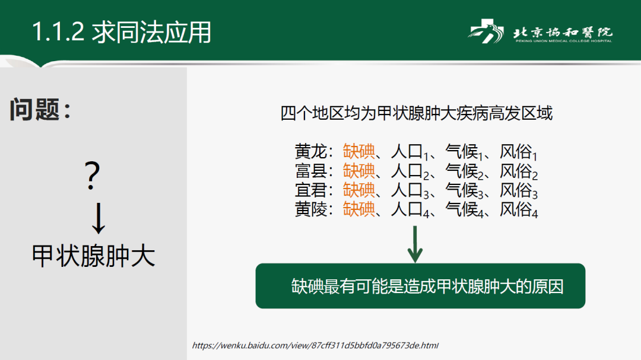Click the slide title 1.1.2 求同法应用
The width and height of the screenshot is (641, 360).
point(122,32)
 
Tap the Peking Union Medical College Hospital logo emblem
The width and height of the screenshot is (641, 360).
point(486,31)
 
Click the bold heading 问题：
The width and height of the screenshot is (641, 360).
point(40,110)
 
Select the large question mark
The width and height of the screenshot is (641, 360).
point(93,176)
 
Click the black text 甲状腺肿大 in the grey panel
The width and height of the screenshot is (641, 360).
point(94,256)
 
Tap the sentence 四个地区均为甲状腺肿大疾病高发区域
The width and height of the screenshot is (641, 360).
point(416,113)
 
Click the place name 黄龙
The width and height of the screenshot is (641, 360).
point(310,152)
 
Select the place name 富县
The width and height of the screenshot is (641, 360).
point(310,171)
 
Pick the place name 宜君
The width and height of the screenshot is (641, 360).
point(310,190)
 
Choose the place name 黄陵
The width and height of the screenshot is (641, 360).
point(310,209)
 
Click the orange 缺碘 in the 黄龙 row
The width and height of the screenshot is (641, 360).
point(358,152)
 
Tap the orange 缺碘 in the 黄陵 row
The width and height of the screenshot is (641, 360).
point(358,209)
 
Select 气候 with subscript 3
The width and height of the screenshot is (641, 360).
point(464,190)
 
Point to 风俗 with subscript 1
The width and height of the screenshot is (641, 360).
point(518,152)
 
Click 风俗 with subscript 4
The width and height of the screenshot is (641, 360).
point(518,209)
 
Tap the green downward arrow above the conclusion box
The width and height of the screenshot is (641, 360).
point(415,244)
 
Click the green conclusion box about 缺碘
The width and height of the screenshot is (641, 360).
point(420,286)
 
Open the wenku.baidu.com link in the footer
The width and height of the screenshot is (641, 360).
point(315,345)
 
